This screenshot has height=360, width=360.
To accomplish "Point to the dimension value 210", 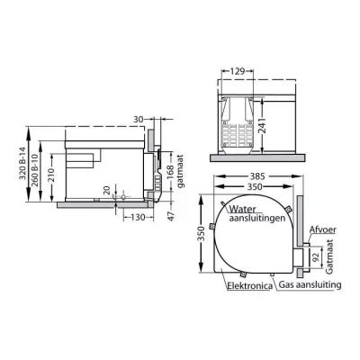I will pyautogui.click(x=51, y=176).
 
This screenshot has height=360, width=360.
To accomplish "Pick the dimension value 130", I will pyautogui.click(x=138, y=217).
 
